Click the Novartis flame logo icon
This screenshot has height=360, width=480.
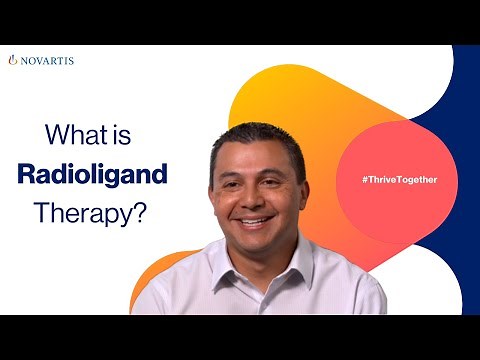point(13,60)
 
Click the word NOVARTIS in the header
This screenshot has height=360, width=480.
point(47,60)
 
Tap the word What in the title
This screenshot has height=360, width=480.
point(77,135)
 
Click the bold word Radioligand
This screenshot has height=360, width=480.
point(92,174)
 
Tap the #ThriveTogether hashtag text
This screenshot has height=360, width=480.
point(399,179)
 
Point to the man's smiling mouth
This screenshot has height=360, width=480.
point(255,220)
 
